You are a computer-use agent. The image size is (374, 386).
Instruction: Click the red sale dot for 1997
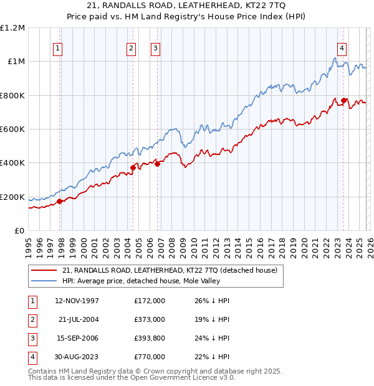(60, 201)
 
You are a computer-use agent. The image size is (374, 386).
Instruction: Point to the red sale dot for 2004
(133, 167)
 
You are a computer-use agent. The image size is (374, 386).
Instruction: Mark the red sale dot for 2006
(157, 164)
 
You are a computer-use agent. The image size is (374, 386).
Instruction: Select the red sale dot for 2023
(344, 100)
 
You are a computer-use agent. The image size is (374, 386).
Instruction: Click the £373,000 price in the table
(150, 319)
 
